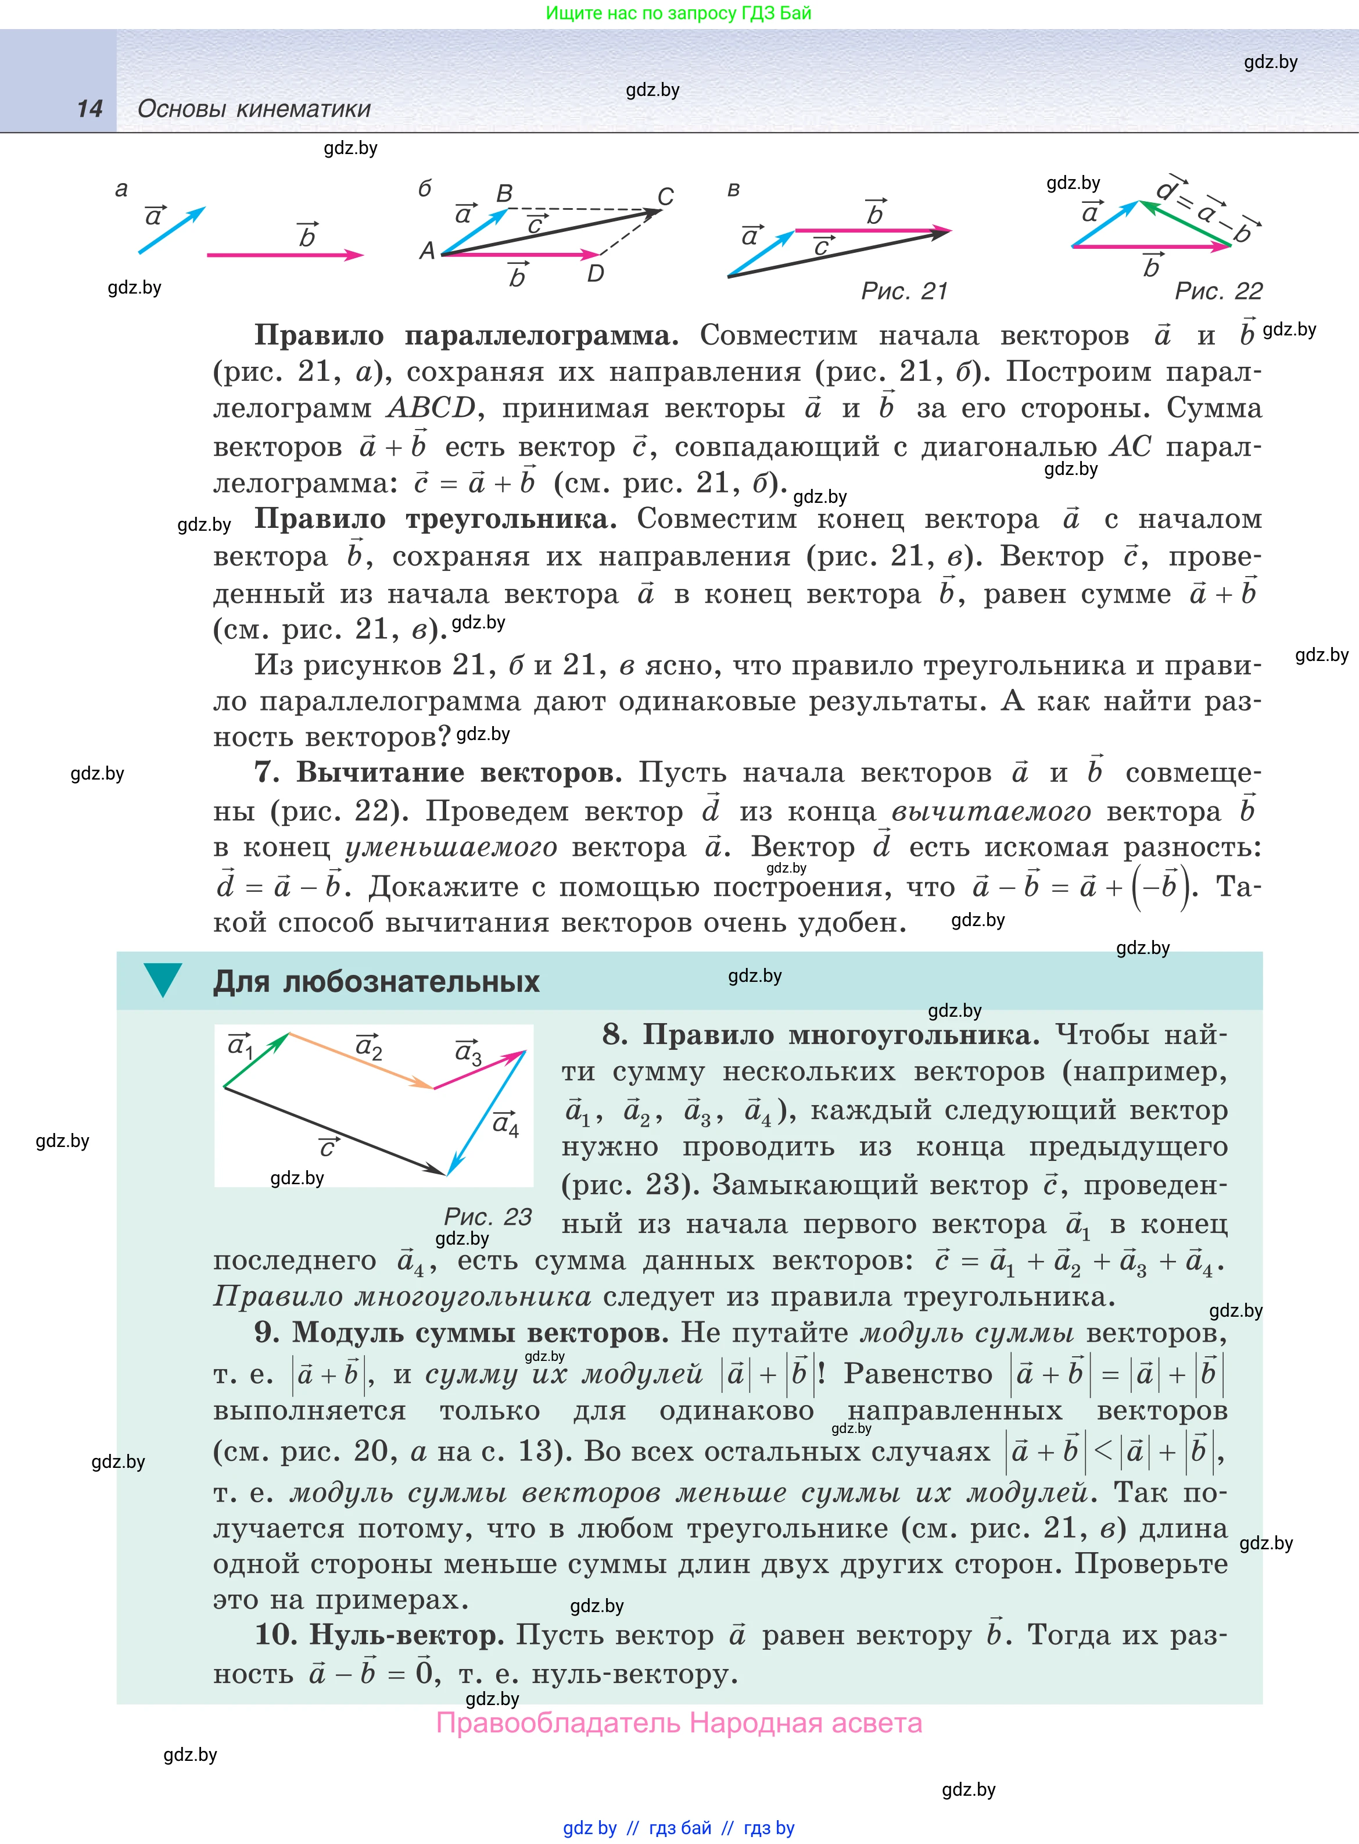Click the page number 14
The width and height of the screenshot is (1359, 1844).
click(x=89, y=109)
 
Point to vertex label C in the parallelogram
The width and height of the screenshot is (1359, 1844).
click(x=665, y=196)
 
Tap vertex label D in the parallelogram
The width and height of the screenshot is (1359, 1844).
click(x=596, y=273)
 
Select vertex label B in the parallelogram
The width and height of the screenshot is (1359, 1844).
click(x=504, y=194)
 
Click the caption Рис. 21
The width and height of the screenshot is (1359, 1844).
click(x=904, y=291)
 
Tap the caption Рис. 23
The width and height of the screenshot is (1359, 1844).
click(x=488, y=1216)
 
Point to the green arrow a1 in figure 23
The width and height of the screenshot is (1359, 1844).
click(x=256, y=1061)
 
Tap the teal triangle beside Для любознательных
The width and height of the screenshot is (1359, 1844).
click(x=163, y=979)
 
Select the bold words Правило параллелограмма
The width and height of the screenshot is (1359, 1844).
click(x=465, y=335)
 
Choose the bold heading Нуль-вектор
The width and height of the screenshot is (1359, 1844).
click(x=406, y=1634)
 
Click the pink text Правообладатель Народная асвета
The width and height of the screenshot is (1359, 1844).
click(x=679, y=1723)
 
